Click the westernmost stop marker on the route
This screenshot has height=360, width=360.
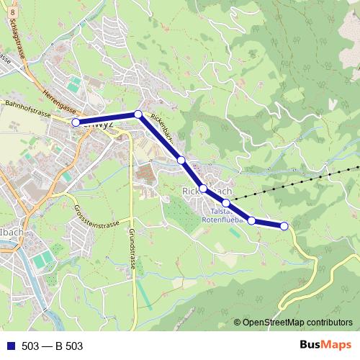pos(76,122)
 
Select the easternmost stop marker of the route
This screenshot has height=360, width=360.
pos(284,226)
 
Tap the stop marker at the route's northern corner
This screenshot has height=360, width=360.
pos(138,114)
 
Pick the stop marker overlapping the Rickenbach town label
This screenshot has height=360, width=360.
pos(203,189)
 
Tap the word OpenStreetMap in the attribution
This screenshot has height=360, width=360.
pos(274,323)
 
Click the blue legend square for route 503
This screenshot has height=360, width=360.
pos(10,346)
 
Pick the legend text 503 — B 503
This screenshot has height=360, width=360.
pos(52,346)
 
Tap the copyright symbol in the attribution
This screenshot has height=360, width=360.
pos(237,323)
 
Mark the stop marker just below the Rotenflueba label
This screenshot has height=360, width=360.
pos(252,220)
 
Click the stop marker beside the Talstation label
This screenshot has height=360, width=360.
pos(226,204)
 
